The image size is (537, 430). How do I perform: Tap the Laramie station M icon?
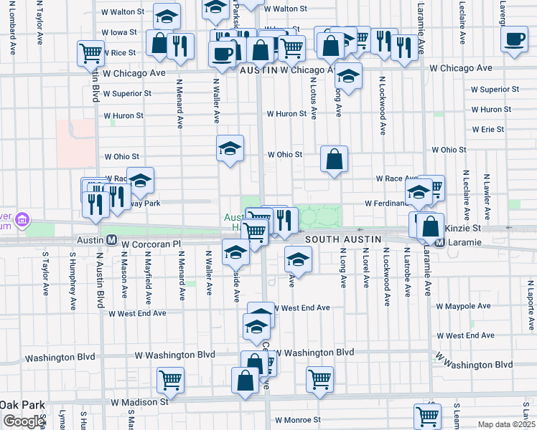(439, 243)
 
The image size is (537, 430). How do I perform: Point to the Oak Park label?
(21, 403)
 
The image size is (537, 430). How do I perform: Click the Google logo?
(23, 421)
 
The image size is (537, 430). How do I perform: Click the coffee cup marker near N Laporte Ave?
(514, 40)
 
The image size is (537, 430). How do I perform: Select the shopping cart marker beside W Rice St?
(91, 52)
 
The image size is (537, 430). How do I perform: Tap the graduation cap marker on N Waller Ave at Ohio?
(230, 149)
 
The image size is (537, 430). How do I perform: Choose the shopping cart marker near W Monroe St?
(427, 415)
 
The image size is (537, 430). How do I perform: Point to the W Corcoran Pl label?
(149, 244)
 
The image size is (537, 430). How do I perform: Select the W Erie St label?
(488, 130)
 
